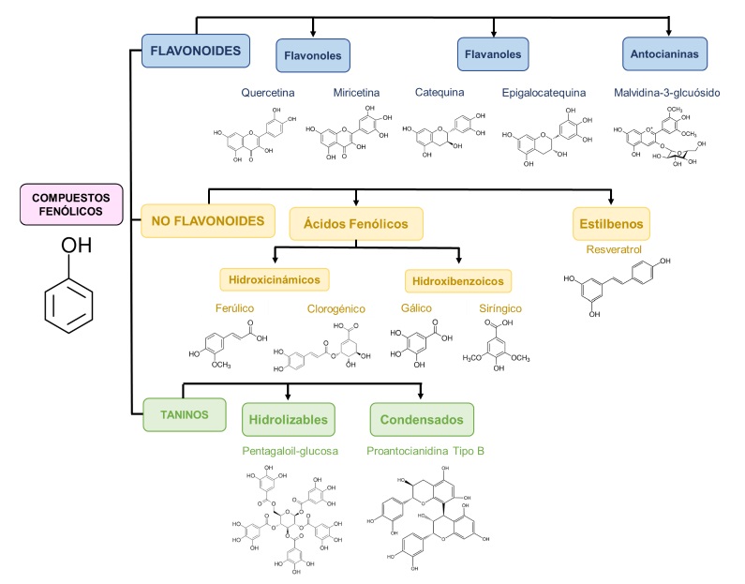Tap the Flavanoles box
[493, 54]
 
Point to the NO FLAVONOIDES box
[209, 221]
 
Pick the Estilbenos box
[612, 223]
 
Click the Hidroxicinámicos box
[276, 278]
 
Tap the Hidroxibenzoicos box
[458, 280]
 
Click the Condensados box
[421, 419]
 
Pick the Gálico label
[411, 308]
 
